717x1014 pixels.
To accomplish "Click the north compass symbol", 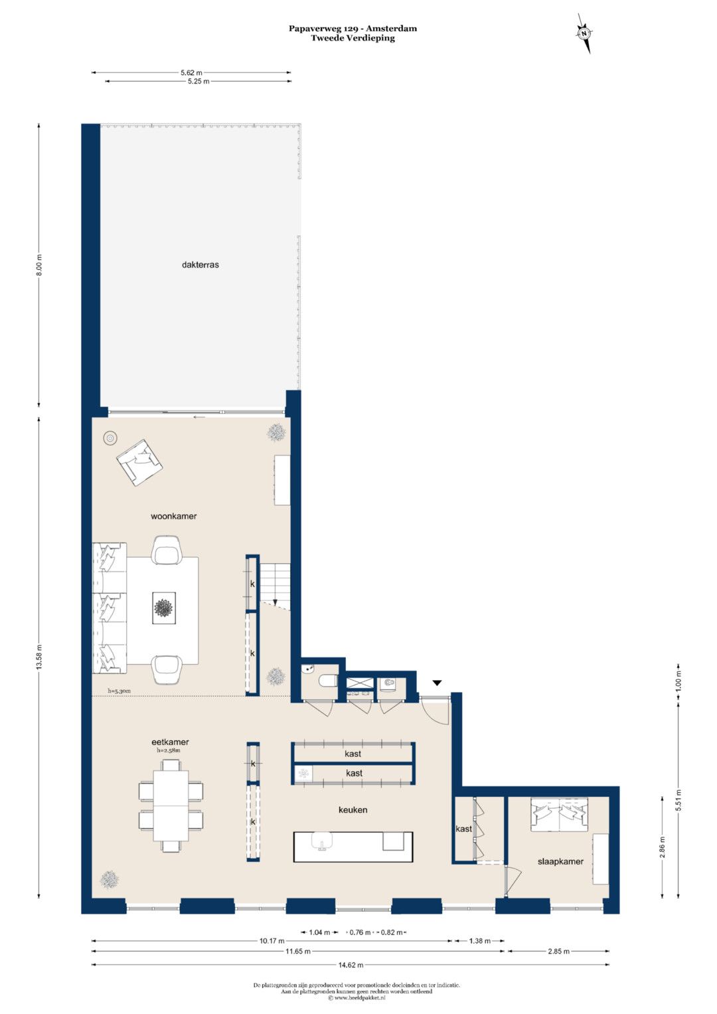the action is point(584,33).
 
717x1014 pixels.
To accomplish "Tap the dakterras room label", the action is point(200,265).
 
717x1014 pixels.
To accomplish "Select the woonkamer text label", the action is point(174,516).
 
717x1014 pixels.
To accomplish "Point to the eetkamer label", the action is point(170,742).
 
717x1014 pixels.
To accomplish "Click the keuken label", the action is point(353,810).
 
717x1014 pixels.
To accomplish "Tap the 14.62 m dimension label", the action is point(351,965).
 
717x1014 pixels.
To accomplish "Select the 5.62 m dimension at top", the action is point(191,72).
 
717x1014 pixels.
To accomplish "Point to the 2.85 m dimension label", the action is point(558,951).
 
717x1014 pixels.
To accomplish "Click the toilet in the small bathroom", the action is point(327,681).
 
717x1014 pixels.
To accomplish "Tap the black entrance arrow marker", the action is point(437,683).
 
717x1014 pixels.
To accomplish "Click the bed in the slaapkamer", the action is point(560,814).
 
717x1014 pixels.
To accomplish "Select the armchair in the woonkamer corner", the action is point(139,462).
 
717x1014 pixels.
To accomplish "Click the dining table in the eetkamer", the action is point(171,805).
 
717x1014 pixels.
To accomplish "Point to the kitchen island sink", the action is point(322,841).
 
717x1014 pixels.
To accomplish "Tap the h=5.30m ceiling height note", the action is point(119,691).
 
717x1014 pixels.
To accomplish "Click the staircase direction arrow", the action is point(275,602).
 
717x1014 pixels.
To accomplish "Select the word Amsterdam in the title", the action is point(392,29).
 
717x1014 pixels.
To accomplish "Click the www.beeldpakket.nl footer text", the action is point(360,997).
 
